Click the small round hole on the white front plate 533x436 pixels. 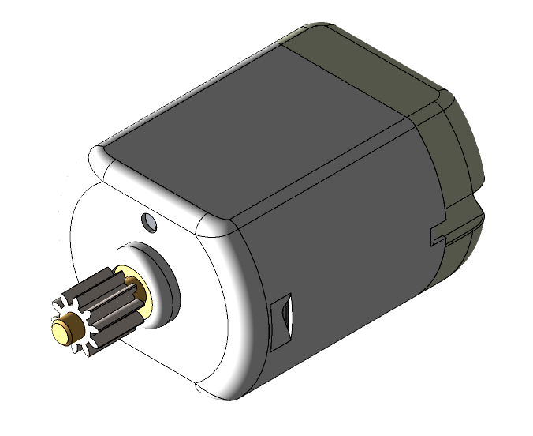click(149, 221)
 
